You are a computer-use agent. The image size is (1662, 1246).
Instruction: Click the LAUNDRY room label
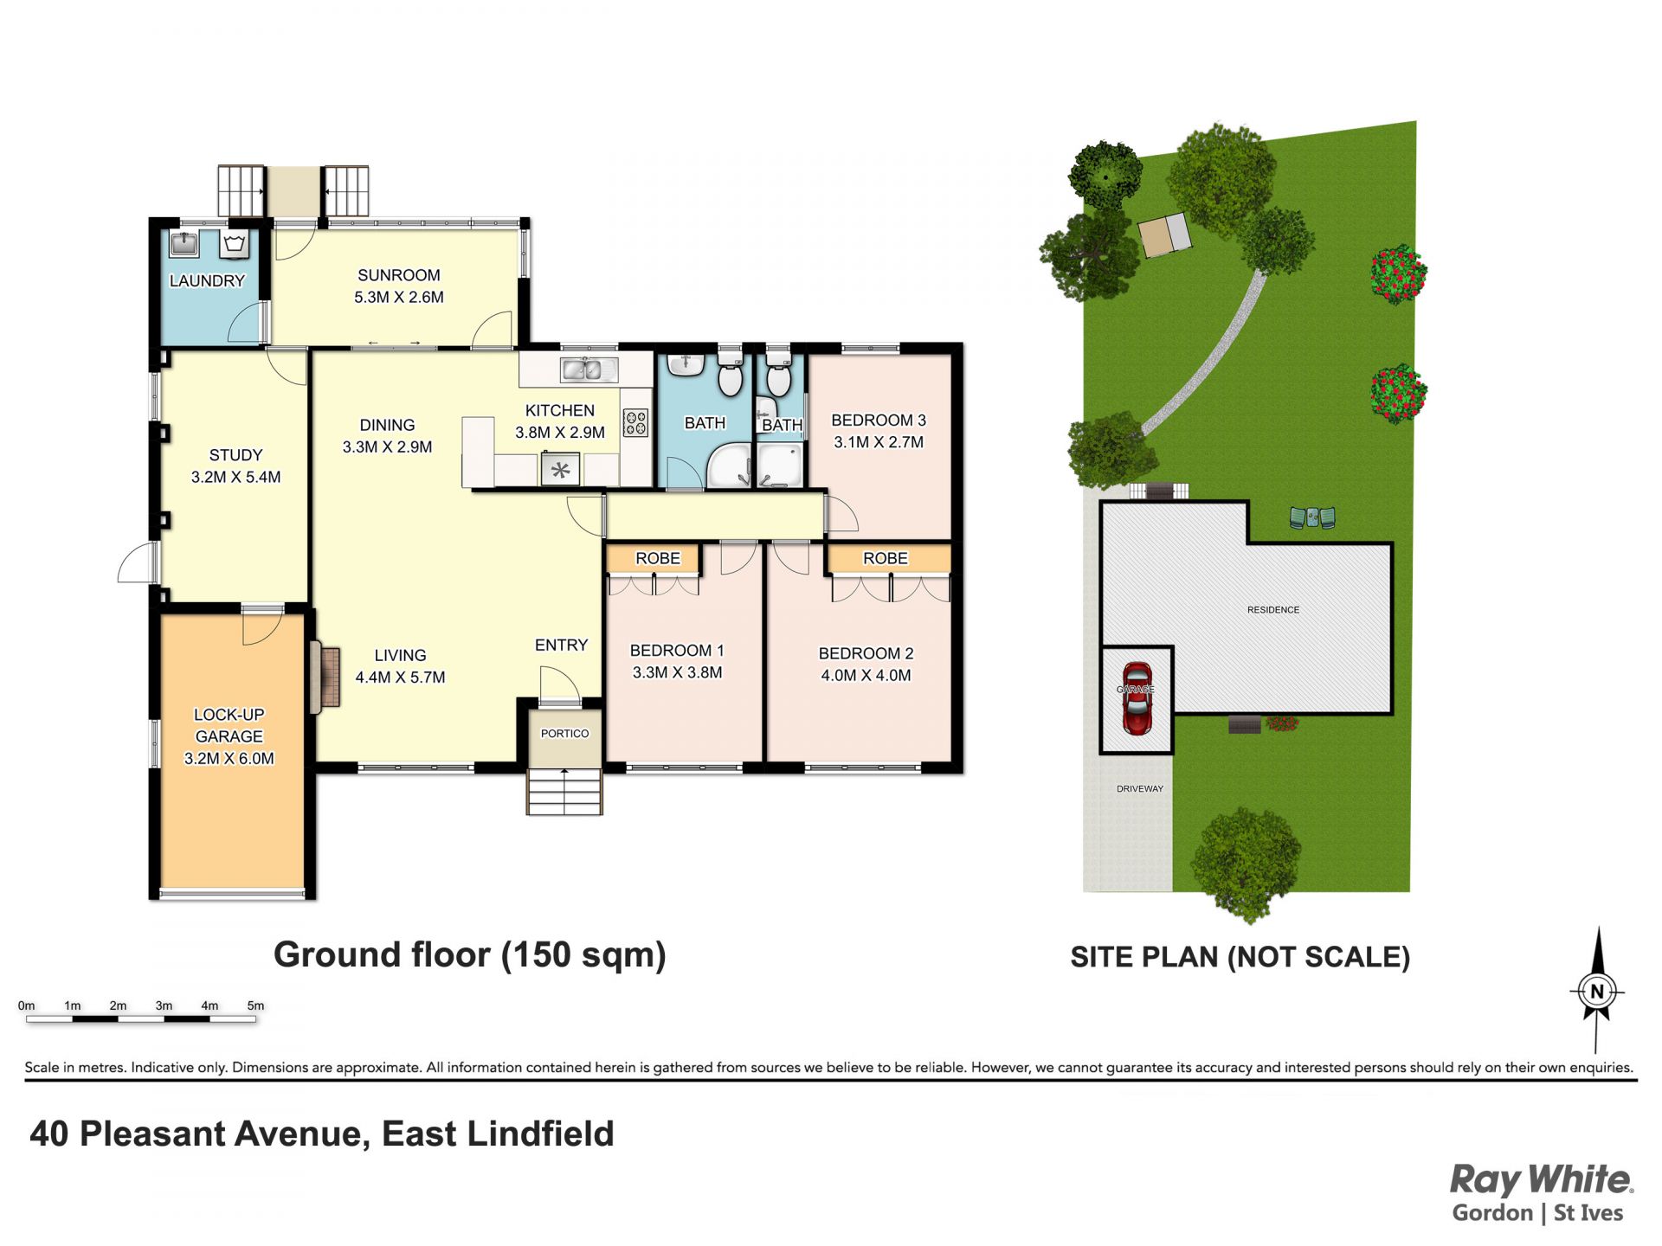click(207, 280)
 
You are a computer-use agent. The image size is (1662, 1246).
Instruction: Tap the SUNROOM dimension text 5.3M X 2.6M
click(399, 297)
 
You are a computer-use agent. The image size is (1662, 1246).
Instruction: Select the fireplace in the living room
click(325, 677)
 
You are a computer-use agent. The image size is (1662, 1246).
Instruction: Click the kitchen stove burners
click(635, 423)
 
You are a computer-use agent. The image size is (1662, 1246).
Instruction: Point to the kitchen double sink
click(588, 369)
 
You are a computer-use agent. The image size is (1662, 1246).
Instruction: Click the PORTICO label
click(564, 734)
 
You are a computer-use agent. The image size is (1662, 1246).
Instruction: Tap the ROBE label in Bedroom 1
click(658, 558)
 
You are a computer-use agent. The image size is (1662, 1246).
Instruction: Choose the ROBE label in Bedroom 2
click(886, 558)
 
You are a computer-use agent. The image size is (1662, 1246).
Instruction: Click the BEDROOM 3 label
click(879, 420)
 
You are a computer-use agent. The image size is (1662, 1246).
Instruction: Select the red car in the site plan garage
click(1137, 698)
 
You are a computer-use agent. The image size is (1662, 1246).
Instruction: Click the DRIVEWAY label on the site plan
click(1140, 788)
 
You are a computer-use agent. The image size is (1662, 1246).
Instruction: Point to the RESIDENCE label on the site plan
click(1273, 610)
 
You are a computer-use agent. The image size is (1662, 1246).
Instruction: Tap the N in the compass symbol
click(1598, 992)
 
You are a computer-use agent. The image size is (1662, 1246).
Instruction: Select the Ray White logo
click(1542, 1192)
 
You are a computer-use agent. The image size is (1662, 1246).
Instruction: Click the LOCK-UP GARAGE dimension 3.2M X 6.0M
click(229, 758)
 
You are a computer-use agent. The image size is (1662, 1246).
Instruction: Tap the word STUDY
click(235, 454)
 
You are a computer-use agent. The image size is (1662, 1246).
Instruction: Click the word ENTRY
click(561, 645)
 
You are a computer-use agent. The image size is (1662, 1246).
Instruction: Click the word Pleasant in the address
click(220, 1134)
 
